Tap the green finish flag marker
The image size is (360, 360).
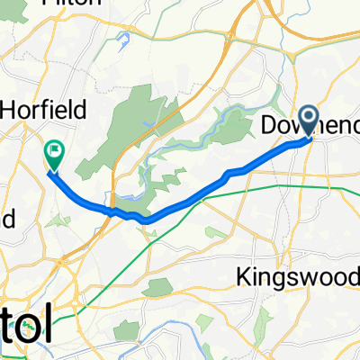pyautogui.click(x=54, y=154)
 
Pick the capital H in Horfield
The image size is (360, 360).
pyautogui.click(x=10, y=110)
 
